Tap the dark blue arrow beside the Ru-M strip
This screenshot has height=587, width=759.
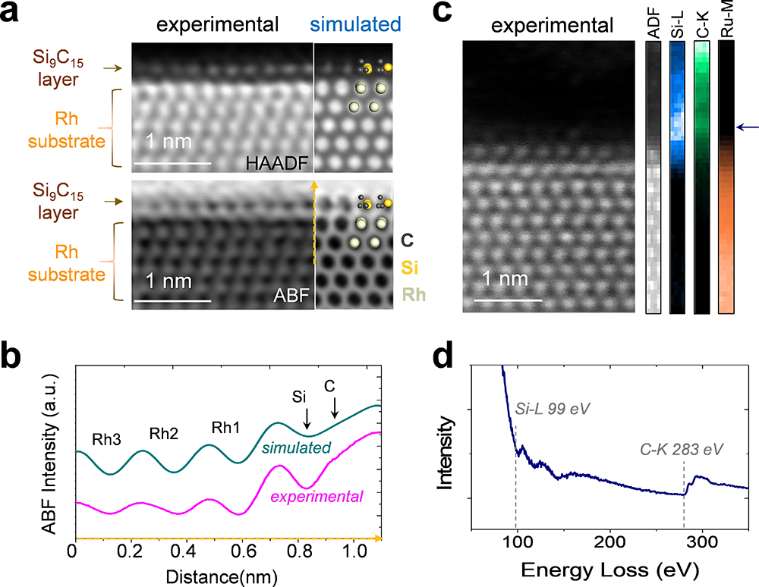tap(748, 127)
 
